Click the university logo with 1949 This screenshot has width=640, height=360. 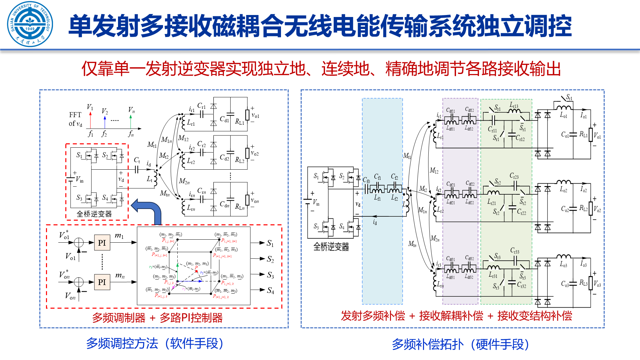tap(30, 24)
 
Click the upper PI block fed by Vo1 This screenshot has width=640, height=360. tap(102, 243)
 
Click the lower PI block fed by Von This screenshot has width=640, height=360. tap(102, 282)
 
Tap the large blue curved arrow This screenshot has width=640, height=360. tap(148, 210)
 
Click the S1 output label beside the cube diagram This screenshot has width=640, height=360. tap(270, 243)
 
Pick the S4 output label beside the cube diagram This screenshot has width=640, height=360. tap(270, 291)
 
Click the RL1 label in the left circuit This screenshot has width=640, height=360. tap(239, 122)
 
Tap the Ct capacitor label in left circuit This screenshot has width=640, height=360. tap(137, 160)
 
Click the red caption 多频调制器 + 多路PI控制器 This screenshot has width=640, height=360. tap(157, 318)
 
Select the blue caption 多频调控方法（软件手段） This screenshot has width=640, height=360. tap(155, 343)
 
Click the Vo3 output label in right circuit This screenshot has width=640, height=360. tap(597, 284)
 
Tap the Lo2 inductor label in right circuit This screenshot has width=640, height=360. tap(563, 190)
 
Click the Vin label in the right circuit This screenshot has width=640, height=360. tap(316, 202)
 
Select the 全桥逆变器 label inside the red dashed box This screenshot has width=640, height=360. tap(94, 214)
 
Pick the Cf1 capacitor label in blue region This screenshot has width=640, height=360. tap(377, 177)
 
